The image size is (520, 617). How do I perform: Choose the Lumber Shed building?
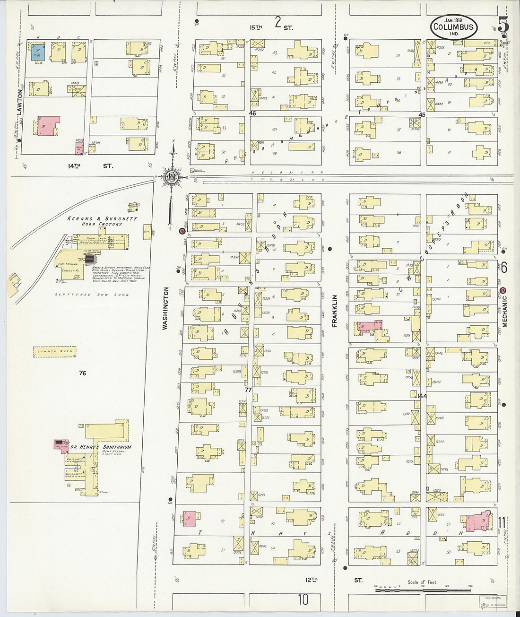(x=54, y=351)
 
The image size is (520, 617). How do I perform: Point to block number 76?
(x=83, y=374)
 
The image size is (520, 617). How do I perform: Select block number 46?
(x=252, y=113)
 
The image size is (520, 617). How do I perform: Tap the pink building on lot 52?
(x=189, y=518)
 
